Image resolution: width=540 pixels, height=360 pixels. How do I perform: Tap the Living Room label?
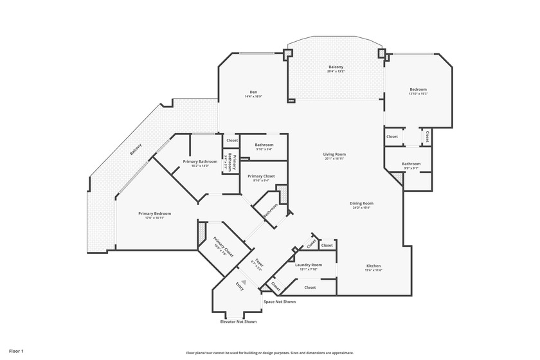[x=334, y=154]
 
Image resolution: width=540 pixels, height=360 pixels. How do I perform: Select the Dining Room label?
[x=362, y=203]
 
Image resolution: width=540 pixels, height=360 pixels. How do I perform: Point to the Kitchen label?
[x=373, y=265]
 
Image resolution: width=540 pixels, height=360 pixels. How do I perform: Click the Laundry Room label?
[x=309, y=265]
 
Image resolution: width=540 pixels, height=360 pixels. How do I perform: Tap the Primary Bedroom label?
[x=154, y=213]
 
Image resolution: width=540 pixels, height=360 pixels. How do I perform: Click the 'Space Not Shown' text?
[x=280, y=301]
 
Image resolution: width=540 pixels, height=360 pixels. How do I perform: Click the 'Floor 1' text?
[x=16, y=352]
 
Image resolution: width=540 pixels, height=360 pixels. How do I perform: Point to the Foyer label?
[x=259, y=262]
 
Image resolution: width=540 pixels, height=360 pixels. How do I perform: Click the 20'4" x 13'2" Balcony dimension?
[x=336, y=71]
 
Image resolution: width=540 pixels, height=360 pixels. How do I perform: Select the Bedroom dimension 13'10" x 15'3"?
[x=418, y=94]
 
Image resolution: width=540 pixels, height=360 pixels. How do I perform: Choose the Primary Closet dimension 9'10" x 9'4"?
[x=261, y=181]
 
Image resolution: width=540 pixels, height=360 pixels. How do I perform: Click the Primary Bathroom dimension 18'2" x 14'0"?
[x=200, y=166]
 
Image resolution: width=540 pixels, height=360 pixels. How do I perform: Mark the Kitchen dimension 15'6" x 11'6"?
[x=373, y=270]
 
